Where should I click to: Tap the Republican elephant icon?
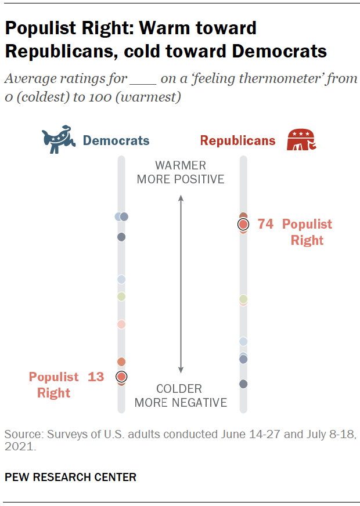pyautogui.click(x=302, y=140)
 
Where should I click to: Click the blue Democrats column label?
pyautogui.click(x=116, y=140)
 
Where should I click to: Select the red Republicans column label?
pyautogui.click(x=237, y=140)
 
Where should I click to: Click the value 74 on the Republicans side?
pyautogui.click(x=265, y=224)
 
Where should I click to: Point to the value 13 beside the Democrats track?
pyautogui.click(x=96, y=377)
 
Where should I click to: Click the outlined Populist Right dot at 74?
pyautogui.click(x=243, y=224)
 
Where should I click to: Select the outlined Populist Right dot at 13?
pyautogui.click(x=121, y=377)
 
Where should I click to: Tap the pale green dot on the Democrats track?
pyautogui.click(x=121, y=297)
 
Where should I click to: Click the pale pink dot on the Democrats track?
pyautogui.click(x=121, y=324)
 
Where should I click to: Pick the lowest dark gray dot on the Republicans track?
pyautogui.click(x=243, y=384)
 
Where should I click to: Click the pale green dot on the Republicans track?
pyautogui.click(x=243, y=298)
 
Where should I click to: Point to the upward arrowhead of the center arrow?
pyautogui.click(x=181, y=198)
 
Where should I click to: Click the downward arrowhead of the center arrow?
pyautogui.click(x=181, y=370)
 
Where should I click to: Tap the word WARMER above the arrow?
pyautogui.click(x=181, y=165)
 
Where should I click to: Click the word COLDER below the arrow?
pyautogui.click(x=179, y=389)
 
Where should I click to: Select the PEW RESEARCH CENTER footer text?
pyautogui.click(x=70, y=477)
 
